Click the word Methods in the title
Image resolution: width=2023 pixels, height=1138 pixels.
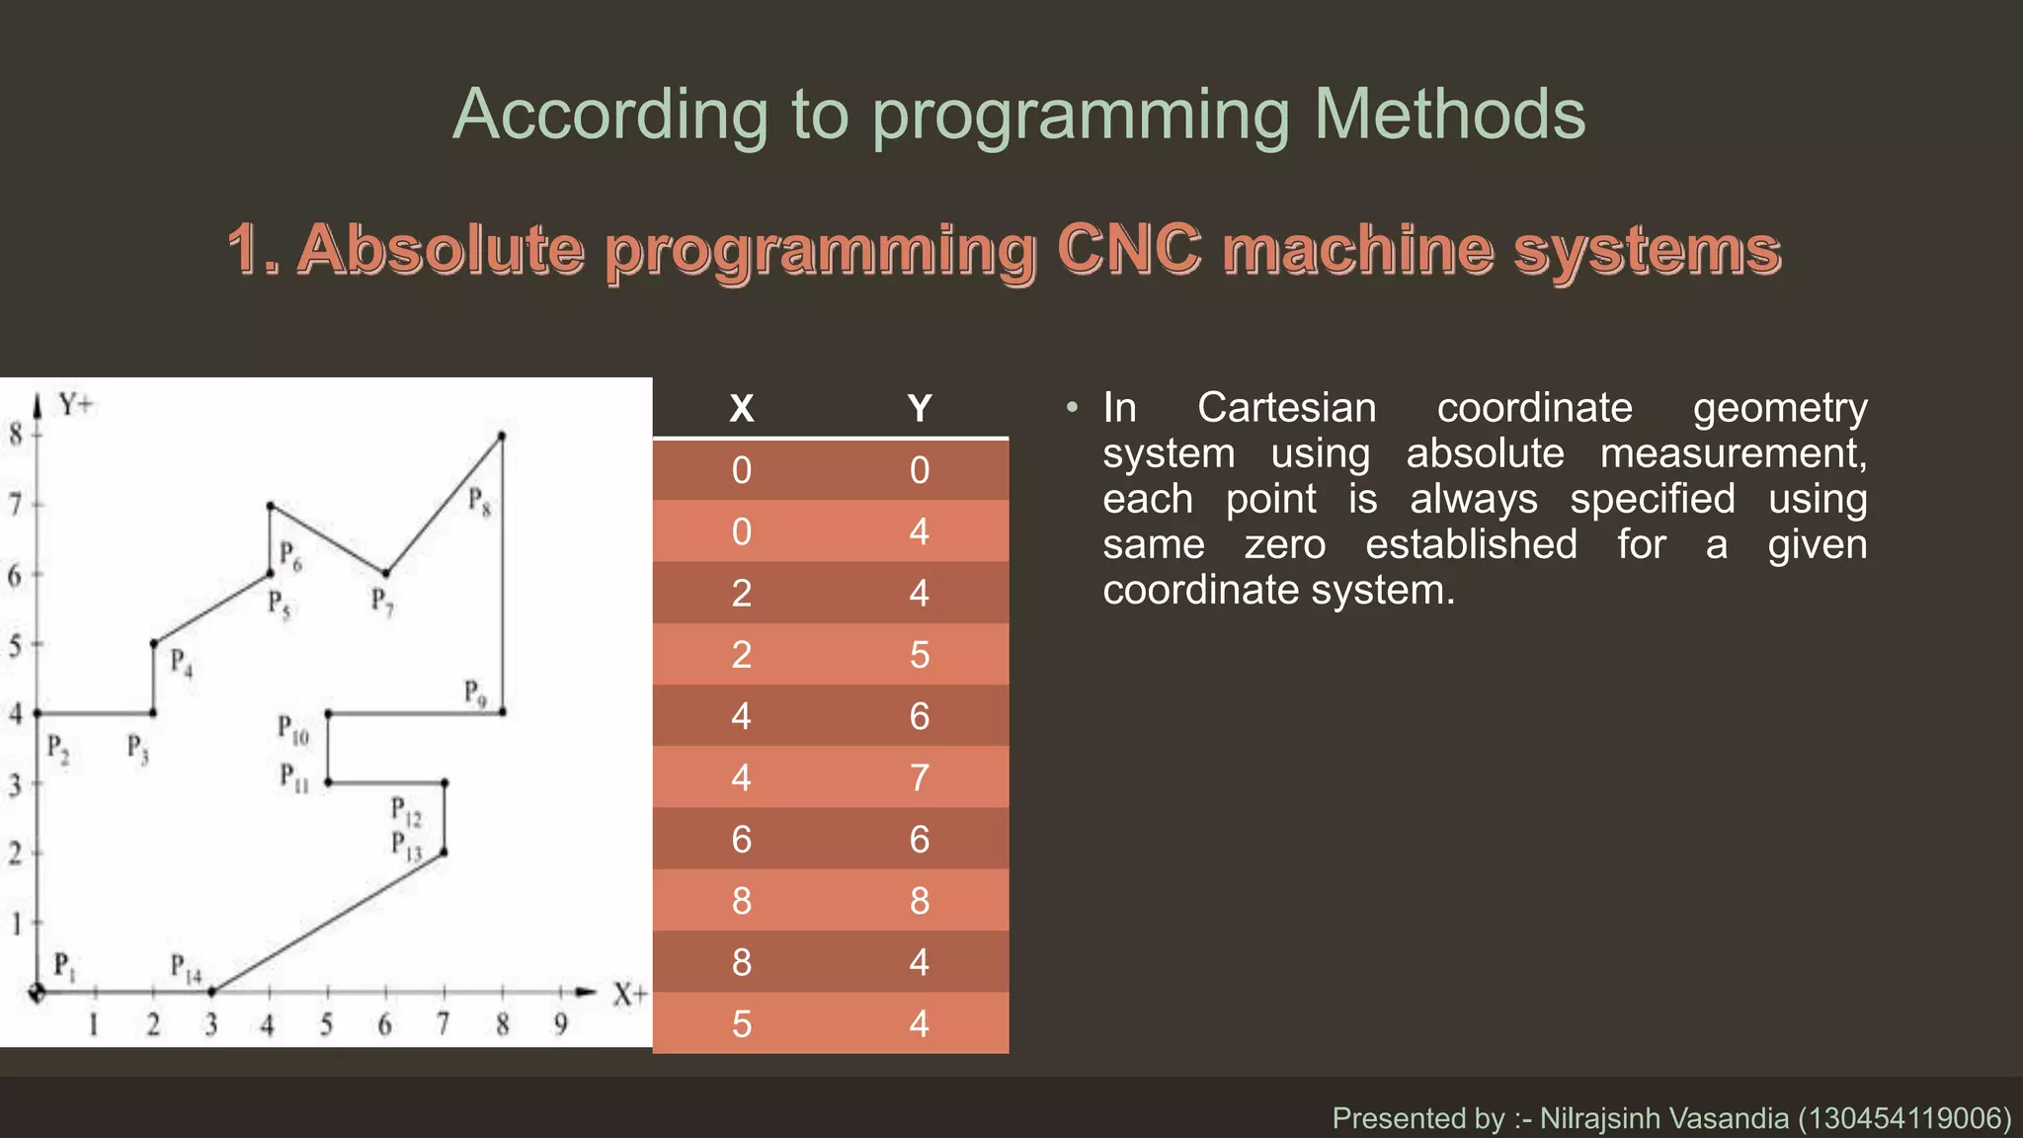1449,116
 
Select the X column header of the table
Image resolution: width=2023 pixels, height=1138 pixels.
741,408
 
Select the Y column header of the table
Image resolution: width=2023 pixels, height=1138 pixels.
919,408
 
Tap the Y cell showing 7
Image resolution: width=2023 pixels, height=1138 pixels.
919,777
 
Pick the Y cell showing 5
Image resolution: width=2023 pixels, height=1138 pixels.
919,655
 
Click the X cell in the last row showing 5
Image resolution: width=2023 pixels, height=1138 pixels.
741,1023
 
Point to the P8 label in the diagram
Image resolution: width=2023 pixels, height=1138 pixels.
479,501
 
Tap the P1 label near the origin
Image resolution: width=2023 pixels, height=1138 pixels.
63,965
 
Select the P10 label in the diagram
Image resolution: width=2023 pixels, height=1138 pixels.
292,730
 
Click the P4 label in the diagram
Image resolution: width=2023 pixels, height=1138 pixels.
181,662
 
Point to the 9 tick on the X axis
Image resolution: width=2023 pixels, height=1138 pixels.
561,1024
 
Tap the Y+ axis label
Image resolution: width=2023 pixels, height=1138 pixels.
75,404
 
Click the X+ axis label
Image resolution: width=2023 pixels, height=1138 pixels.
629,994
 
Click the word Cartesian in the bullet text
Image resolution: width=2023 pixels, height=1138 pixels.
1286,408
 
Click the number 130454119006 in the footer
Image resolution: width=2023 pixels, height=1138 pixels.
1903,1118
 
